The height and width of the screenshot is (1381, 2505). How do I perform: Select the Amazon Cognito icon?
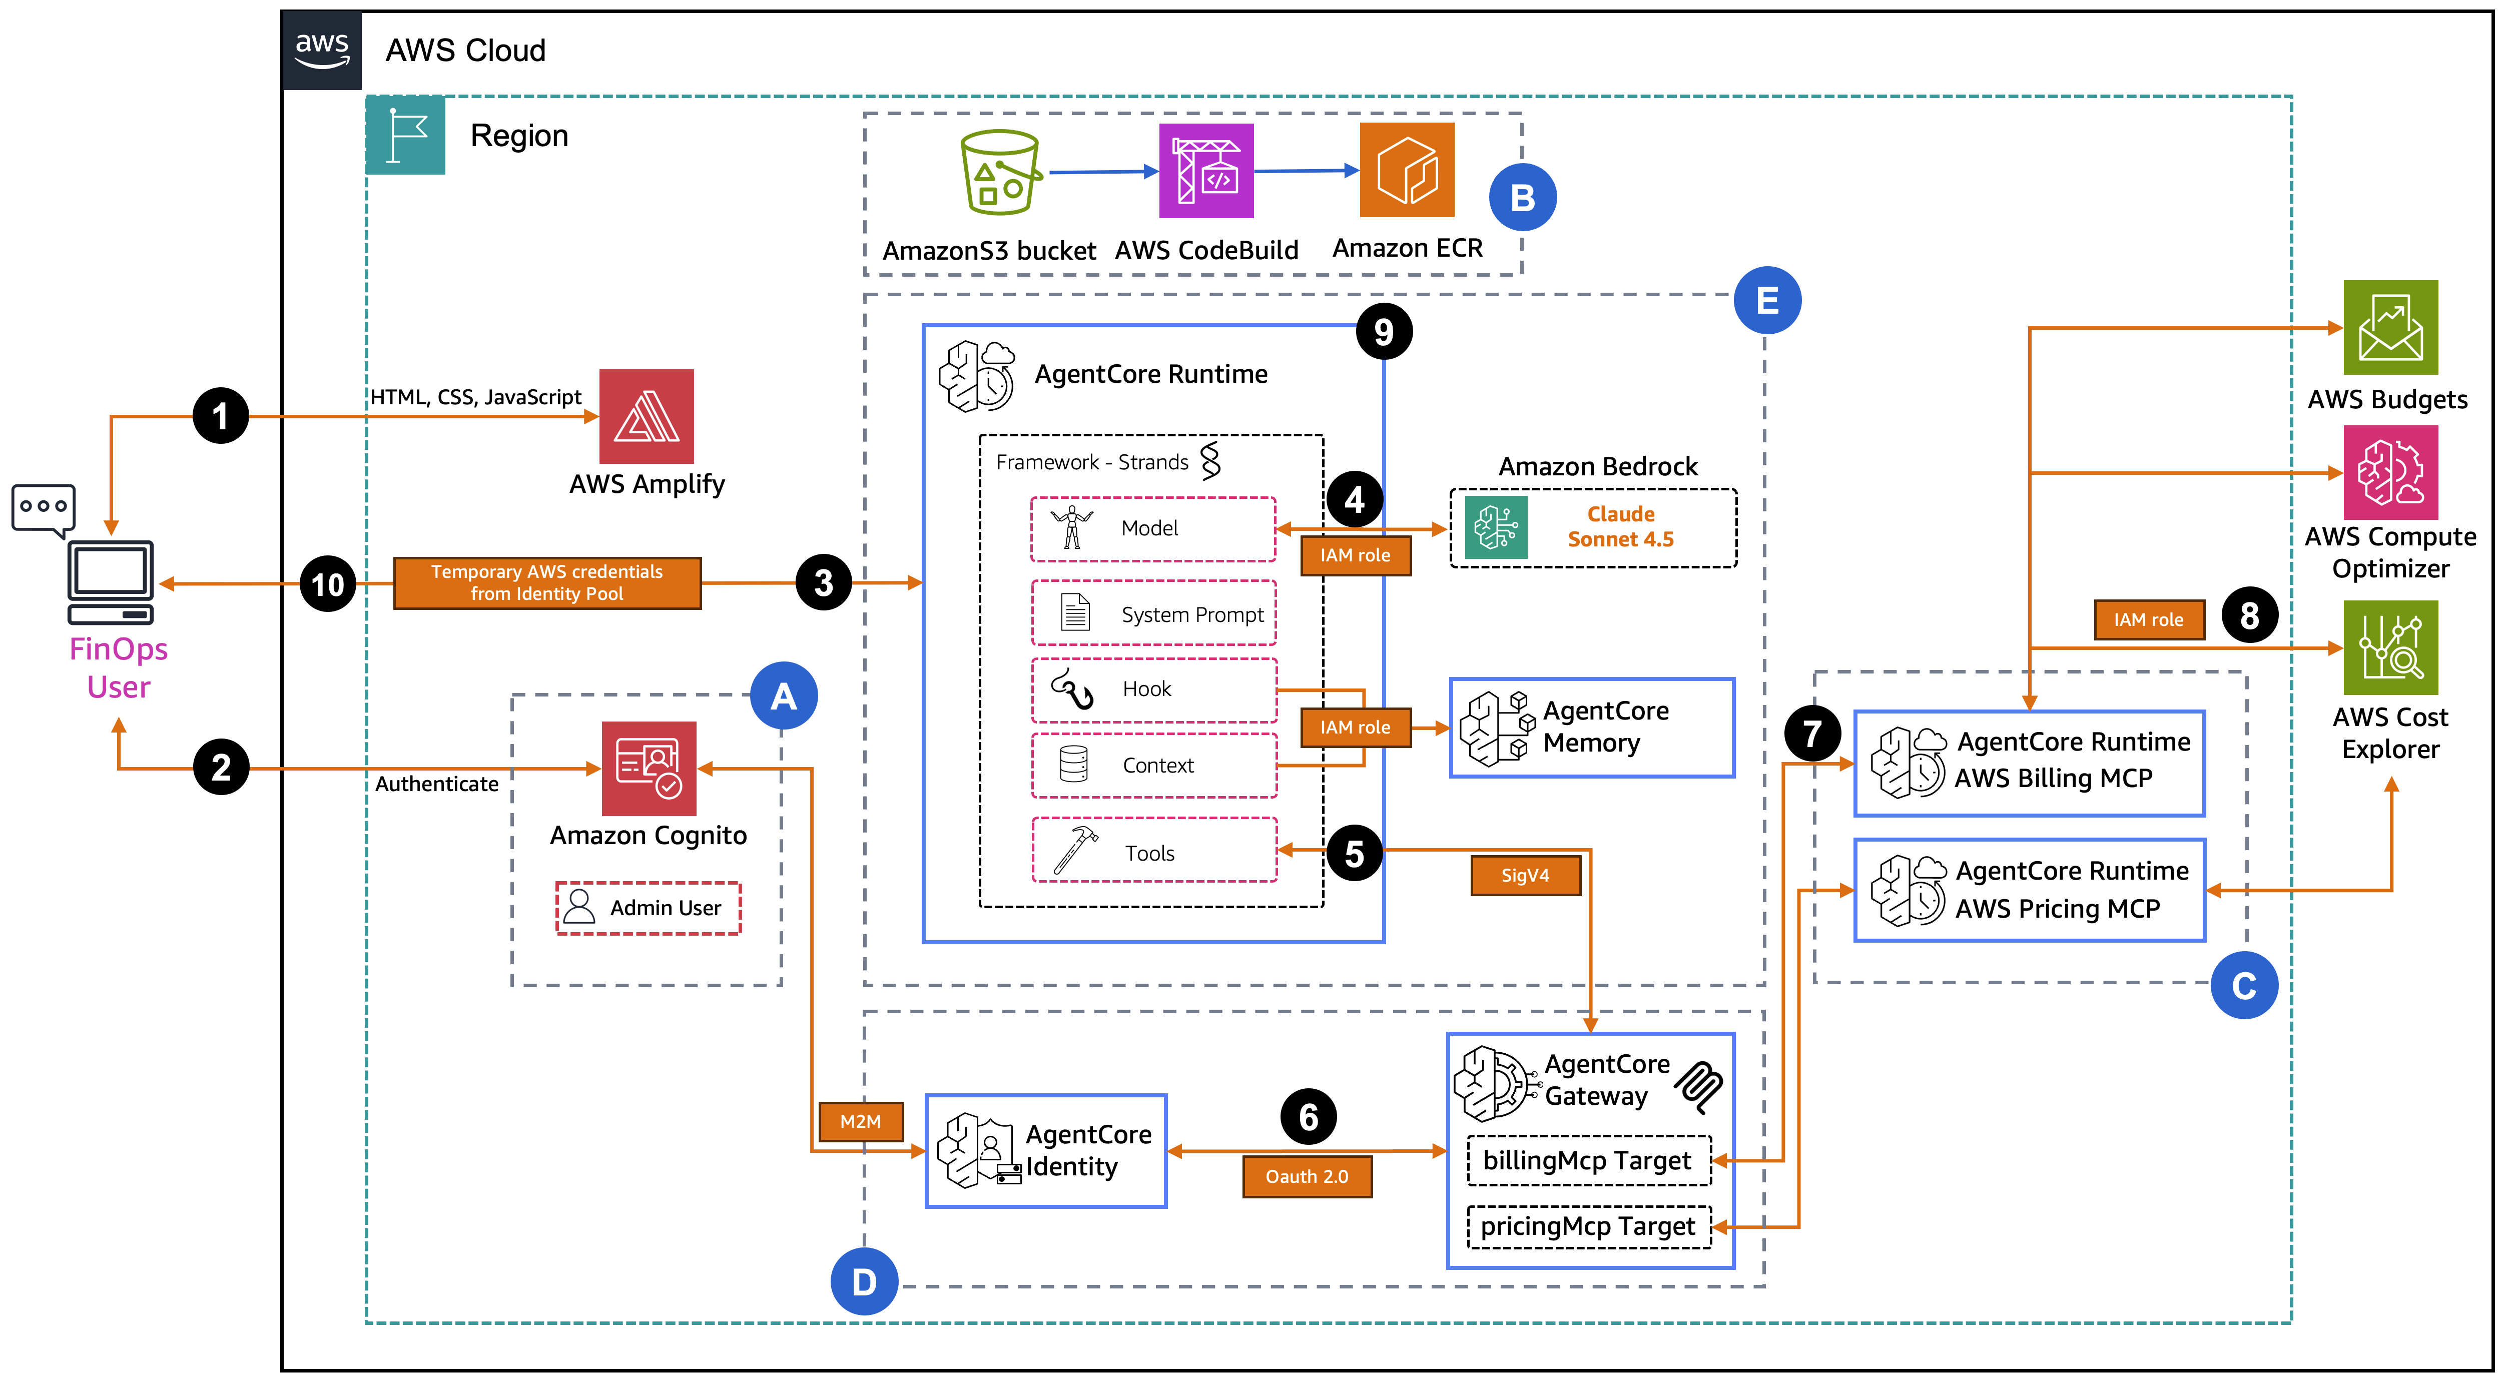[x=649, y=768]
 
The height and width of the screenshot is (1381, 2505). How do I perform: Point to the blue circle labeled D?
[x=864, y=1282]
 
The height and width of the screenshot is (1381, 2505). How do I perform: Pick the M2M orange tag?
[x=861, y=1121]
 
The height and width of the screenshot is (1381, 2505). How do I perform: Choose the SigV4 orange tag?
[x=1525, y=875]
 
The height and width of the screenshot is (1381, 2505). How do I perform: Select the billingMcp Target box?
[x=1588, y=1161]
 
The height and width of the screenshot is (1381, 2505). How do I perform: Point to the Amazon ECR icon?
[x=1406, y=170]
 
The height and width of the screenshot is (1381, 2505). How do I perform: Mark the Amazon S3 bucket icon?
[x=1000, y=172]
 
